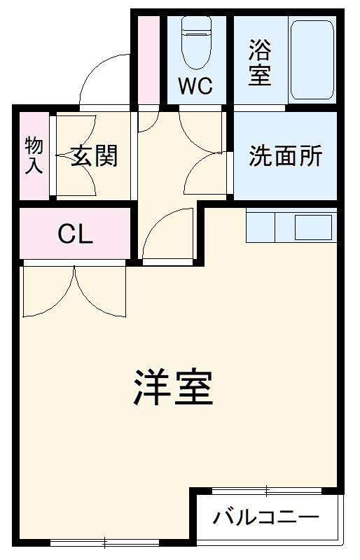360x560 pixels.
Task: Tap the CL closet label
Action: (75, 234)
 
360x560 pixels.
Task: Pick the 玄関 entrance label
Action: (93, 156)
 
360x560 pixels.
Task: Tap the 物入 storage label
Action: (34, 155)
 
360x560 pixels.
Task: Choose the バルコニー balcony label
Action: (266, 519)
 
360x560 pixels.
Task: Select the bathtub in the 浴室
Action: (312, 59)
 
